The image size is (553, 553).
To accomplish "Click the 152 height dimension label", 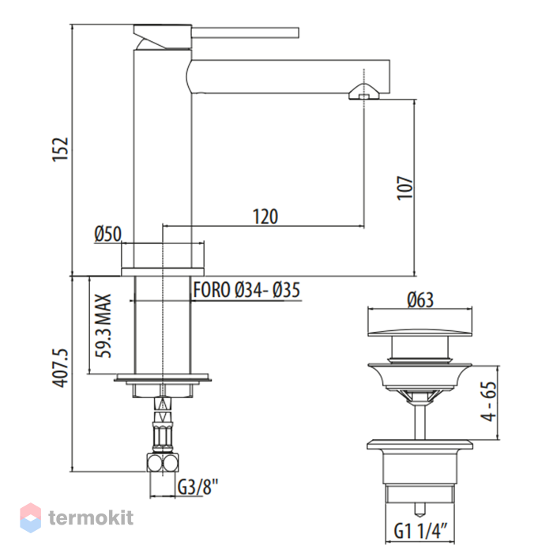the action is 60,149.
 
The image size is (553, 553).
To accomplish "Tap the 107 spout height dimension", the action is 404,188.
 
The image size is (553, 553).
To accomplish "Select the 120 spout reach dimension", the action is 265,216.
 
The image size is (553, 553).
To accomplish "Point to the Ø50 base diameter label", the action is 108,234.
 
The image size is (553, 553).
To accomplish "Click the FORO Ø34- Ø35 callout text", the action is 246,290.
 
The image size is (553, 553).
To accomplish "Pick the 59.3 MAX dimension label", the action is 103,325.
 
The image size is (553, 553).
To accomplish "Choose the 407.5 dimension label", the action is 60,368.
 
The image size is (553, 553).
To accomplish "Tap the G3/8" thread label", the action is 197,487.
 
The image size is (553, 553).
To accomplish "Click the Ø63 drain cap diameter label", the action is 420,300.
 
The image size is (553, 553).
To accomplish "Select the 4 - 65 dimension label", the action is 488,401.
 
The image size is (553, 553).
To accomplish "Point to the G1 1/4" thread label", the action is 420,530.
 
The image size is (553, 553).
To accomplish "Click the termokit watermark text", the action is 91,517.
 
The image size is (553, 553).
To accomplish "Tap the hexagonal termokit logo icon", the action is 30,517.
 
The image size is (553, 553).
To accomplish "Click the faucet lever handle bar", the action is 245,32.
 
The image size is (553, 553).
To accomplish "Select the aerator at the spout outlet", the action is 364,92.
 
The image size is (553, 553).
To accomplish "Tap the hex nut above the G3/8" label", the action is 163,462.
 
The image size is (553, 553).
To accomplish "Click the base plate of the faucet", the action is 163,272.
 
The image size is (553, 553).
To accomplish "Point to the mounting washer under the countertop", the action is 163,378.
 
